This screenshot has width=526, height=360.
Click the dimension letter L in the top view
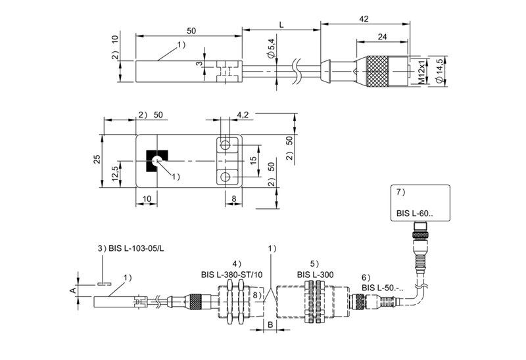[x=281, y=24]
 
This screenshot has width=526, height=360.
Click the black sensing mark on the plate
[x=156, y=160]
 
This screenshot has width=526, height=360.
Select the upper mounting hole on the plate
[x=226, y=145]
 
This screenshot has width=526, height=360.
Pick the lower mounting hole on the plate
[x=226, y=176]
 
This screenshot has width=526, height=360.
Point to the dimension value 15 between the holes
[x=253, y=160]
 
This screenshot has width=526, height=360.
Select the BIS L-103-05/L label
[x=130, y=249]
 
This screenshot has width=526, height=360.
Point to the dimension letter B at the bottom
[x=270, y=326]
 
